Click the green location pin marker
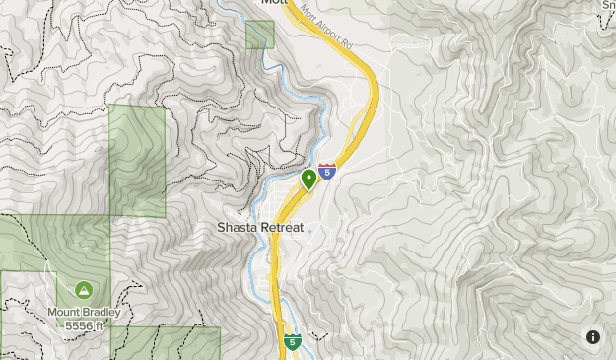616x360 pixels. (309, 179)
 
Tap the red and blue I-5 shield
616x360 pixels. (327, 172)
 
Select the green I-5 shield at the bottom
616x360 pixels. (293, 341)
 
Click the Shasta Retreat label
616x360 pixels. (259, 227)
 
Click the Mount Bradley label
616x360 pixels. (85, 313)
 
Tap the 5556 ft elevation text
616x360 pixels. (86, 325)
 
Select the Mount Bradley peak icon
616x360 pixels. (83, 291)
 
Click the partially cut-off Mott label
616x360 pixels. (272, 3)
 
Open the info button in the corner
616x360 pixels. (593, 337)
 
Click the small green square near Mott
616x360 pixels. (259, 35)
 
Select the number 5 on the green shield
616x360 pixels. (293, 342)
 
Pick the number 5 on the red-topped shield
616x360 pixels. (327, 174)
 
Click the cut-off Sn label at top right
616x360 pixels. (608, 5)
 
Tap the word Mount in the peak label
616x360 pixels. (62, 313)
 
